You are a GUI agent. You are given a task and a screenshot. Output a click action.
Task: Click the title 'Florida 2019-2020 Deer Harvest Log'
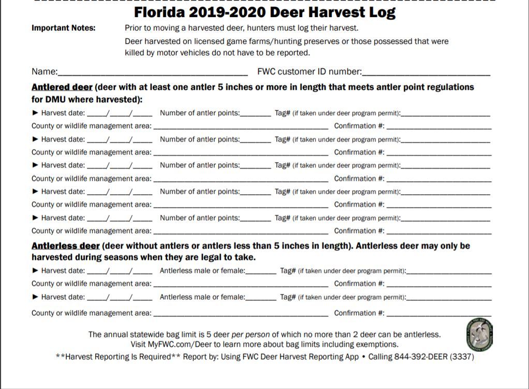point(264,12)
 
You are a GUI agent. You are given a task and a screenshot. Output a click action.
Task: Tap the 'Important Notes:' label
point(64,28)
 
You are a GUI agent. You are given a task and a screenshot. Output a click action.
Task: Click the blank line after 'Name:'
point(153,72)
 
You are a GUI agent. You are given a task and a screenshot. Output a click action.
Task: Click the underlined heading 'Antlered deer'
point(62,87)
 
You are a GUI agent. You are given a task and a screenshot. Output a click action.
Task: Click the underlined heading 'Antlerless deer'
point(66,246)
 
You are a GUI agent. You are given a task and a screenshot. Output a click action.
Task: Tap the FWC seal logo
point(479,333)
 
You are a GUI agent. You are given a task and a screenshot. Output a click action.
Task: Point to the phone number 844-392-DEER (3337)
point(434,357)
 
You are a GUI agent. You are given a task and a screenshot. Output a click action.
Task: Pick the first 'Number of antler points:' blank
point(256,114)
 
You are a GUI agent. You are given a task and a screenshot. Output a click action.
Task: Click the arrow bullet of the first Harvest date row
point(35,113)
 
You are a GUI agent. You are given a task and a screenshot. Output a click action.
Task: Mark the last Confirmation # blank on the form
point(439,314)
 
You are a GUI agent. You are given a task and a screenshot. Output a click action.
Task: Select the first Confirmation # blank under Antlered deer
point(439,127)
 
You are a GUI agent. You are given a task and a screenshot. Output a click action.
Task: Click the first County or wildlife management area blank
point(241,127)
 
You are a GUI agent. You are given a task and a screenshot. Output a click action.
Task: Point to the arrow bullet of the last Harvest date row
point(35,297)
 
